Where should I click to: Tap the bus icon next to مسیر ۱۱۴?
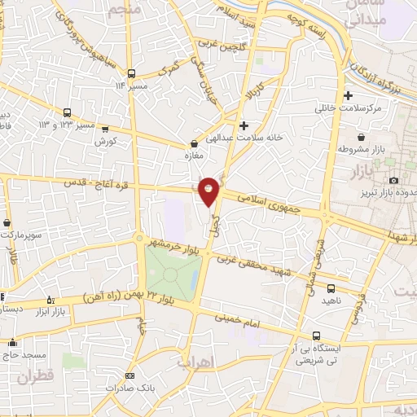pos(130,72)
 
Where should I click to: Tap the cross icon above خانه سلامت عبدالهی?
pos(244,125)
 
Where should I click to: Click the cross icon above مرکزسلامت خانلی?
pos(349,95)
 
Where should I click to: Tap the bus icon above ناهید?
pos(331,288)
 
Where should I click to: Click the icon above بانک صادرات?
pos(130,375)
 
